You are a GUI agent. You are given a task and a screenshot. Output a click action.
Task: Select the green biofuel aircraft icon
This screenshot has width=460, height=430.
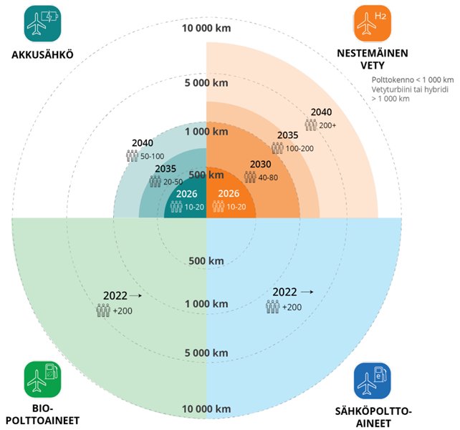42,380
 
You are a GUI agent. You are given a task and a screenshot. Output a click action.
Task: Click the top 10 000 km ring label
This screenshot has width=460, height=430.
206,30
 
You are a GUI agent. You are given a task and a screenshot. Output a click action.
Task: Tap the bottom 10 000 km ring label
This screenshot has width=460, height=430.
206,409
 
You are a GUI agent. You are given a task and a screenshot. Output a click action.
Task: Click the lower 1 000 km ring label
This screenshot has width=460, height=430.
206,305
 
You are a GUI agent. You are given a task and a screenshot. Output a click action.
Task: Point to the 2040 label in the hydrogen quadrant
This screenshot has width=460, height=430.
321,112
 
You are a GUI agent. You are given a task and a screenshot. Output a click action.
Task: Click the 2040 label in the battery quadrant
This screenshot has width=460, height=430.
143,142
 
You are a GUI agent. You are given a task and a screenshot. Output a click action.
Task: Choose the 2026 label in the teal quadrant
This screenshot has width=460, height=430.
186,194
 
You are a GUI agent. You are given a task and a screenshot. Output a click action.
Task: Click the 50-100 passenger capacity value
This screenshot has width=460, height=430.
153,155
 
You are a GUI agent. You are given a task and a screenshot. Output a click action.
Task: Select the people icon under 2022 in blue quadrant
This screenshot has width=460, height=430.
273,307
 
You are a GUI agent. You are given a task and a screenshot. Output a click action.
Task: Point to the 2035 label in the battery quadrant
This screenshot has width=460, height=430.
166,170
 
